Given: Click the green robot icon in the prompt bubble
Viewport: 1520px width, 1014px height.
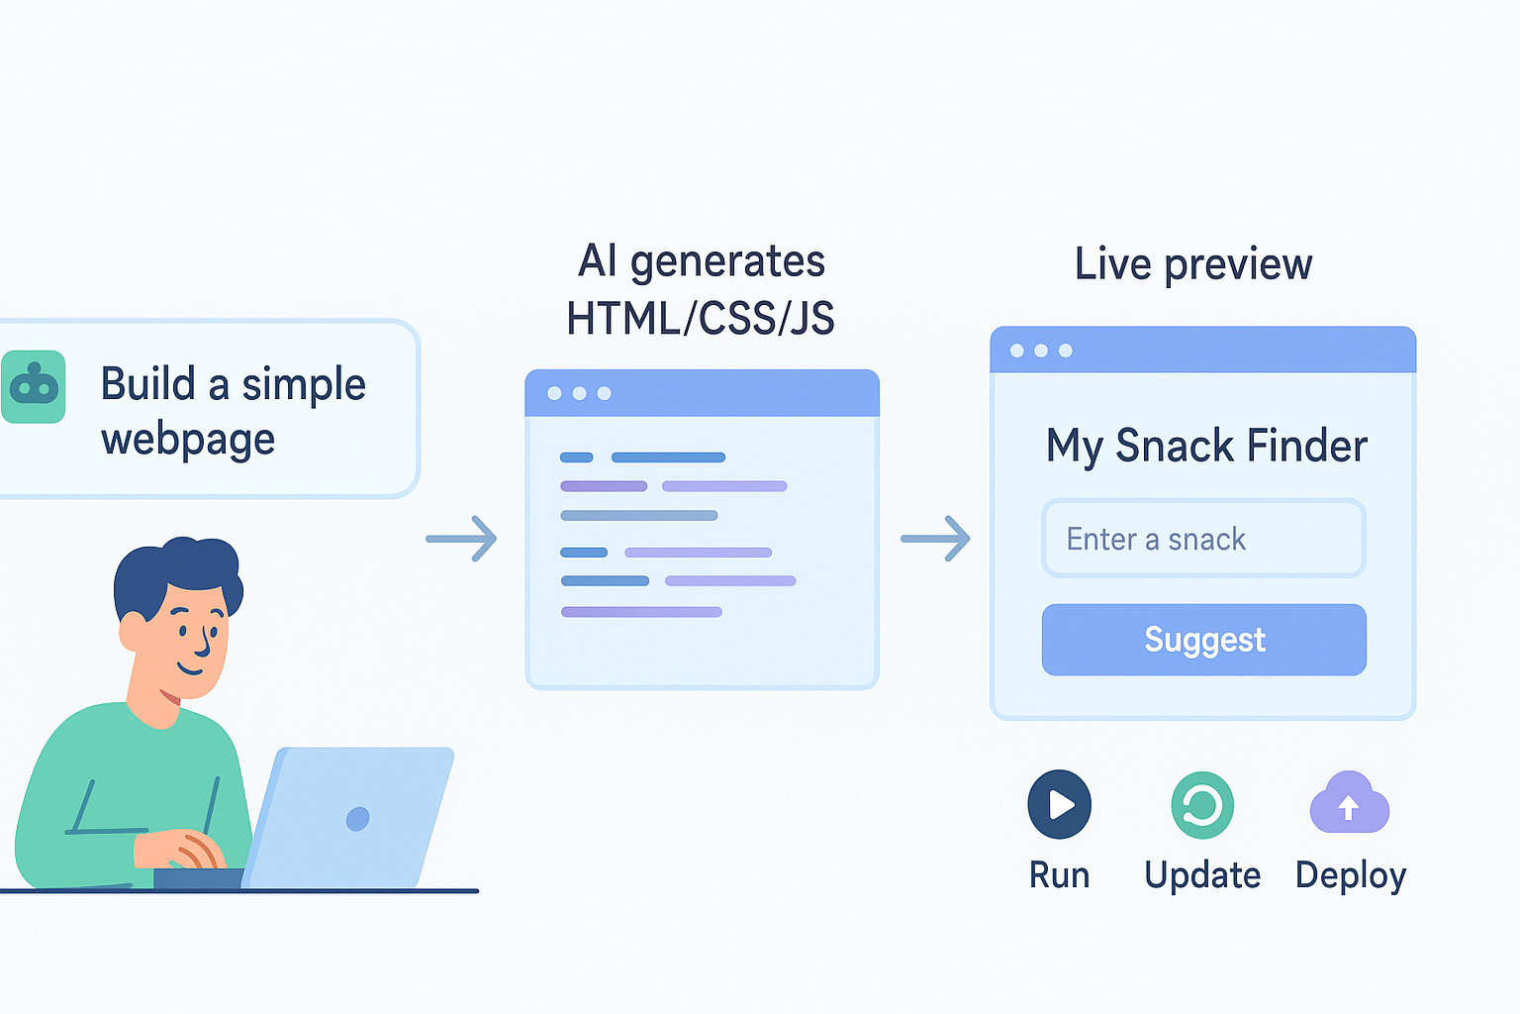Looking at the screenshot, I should pyautogui.click(x=34, y=387).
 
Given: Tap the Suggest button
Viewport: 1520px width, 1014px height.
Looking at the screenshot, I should pyautogui.click(x=1203, y=640).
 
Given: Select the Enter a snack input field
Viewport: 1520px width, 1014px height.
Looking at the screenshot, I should pyautogui.click(x=1203, y=539).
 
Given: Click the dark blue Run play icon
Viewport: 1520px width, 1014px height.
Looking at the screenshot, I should pyautogui.click(x=1059, y=804).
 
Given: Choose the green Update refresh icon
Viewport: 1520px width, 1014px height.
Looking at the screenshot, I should pyautogui.click(x=1202, y=805).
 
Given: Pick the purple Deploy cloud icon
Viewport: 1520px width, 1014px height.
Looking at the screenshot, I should pyautogui.click(x=1349, y=804).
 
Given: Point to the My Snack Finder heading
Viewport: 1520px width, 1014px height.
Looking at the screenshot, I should pyautogui.click(x=1206, y=447).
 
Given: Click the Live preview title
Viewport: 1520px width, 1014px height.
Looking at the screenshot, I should pyautogui.click(x=1193, y=264).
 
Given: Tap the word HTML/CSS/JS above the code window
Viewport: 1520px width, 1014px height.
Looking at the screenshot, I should pyautogui.click(x=701, y=319).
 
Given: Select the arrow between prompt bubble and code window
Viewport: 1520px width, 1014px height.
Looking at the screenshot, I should pyautogui.click(x=461, y=539).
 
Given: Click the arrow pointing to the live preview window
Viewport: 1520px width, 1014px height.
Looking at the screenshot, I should pyautogui.click(x=935, y=539).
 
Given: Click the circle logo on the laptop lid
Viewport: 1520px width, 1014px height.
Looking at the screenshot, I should pyautogui.click(x=358, y=819).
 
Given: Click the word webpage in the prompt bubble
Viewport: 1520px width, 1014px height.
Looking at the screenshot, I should pyautogui.click(x=188, y=440).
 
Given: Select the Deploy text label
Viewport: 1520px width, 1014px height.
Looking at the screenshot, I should pyautogui.click(x=1351, y=875).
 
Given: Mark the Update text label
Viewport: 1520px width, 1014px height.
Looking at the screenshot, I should pyautogui.click(x=1202, y=875).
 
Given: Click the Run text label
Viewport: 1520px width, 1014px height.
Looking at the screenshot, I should pyautogui.click(x=1059, y=875).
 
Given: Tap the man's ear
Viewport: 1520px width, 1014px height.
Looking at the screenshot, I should pyautogui.click(x=133, y=631).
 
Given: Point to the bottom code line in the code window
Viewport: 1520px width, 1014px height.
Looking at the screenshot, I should pyautogui.click(x=641, y=612).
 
